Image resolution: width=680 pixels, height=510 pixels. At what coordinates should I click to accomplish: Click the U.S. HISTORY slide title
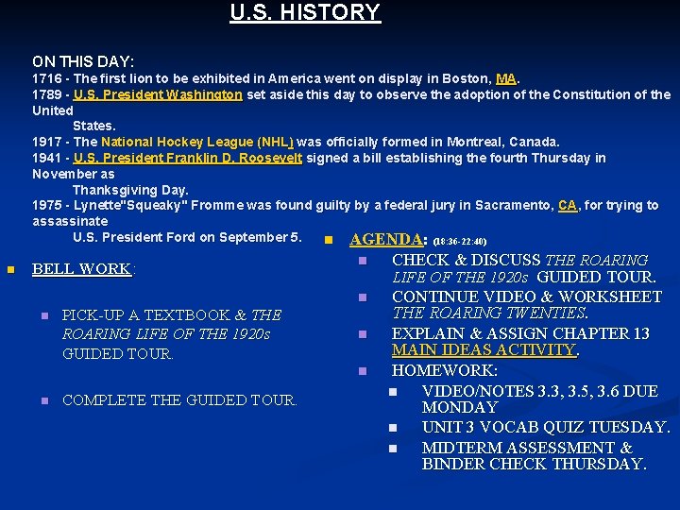(305, 13)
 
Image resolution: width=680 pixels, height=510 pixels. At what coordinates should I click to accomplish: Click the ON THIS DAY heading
(83, 61)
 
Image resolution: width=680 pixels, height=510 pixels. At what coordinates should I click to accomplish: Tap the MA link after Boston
(506, 78)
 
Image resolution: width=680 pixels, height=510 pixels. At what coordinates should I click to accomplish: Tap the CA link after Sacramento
(568, 205)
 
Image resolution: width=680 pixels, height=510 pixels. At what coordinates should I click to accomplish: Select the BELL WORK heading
(81, 269)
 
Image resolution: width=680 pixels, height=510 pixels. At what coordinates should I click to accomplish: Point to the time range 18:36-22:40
(460, 242)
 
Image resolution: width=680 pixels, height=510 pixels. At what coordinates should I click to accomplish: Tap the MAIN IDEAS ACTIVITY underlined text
(484, 350)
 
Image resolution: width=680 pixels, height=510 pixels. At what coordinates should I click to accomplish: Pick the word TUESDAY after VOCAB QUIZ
(628, 427)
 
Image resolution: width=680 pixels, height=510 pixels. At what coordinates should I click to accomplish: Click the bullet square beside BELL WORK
(10, 270)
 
